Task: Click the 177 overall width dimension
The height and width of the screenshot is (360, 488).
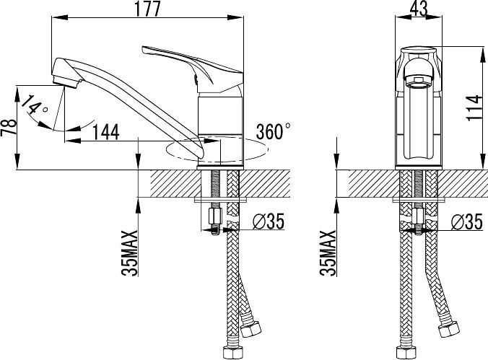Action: [148, 9]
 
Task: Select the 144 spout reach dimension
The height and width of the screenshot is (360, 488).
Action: [106, 132]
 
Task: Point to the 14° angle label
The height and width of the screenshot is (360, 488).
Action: [35, 105]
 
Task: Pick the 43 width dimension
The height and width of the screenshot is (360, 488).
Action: [419, 9]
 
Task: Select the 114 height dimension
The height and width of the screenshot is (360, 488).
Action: [474, 108]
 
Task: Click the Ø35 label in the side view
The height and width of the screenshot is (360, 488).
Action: [269, 221]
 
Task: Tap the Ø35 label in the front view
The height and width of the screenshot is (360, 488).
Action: [467, 221]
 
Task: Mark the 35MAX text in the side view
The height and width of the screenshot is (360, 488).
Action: [129, 253]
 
